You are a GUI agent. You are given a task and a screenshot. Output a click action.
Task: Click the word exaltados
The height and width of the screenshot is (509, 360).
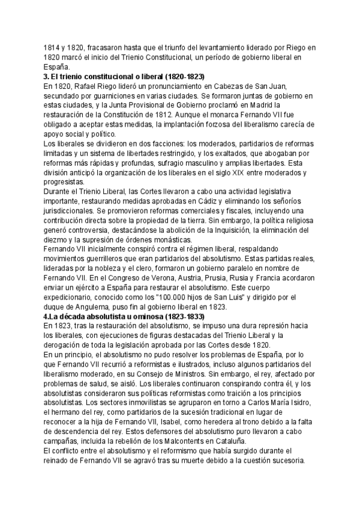[x=245, y=154]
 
